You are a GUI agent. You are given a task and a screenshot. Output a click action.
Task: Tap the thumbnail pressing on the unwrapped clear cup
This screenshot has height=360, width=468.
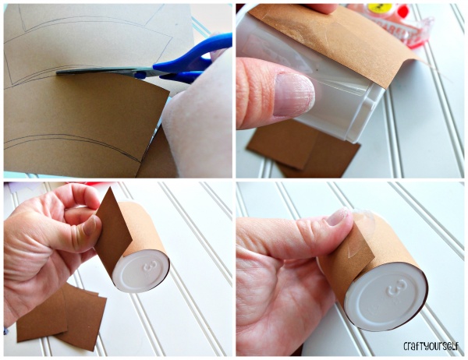click(294, 95)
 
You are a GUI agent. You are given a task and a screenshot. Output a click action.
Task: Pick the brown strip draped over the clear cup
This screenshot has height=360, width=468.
click(335, 42)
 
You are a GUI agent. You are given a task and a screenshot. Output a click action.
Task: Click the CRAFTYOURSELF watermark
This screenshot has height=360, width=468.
click(431, 346)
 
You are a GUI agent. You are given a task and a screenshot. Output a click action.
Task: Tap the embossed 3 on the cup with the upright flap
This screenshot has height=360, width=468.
click(149, 266)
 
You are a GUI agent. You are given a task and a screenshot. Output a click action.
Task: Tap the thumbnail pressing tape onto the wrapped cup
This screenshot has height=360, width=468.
click(337, 217)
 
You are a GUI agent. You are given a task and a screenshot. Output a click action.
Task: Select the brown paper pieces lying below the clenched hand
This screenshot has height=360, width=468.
click(61, 316)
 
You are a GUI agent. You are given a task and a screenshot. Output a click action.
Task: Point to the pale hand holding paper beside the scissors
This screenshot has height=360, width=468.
click(197, 116)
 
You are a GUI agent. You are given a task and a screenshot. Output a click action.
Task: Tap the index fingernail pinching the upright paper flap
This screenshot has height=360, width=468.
click(90, 226)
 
